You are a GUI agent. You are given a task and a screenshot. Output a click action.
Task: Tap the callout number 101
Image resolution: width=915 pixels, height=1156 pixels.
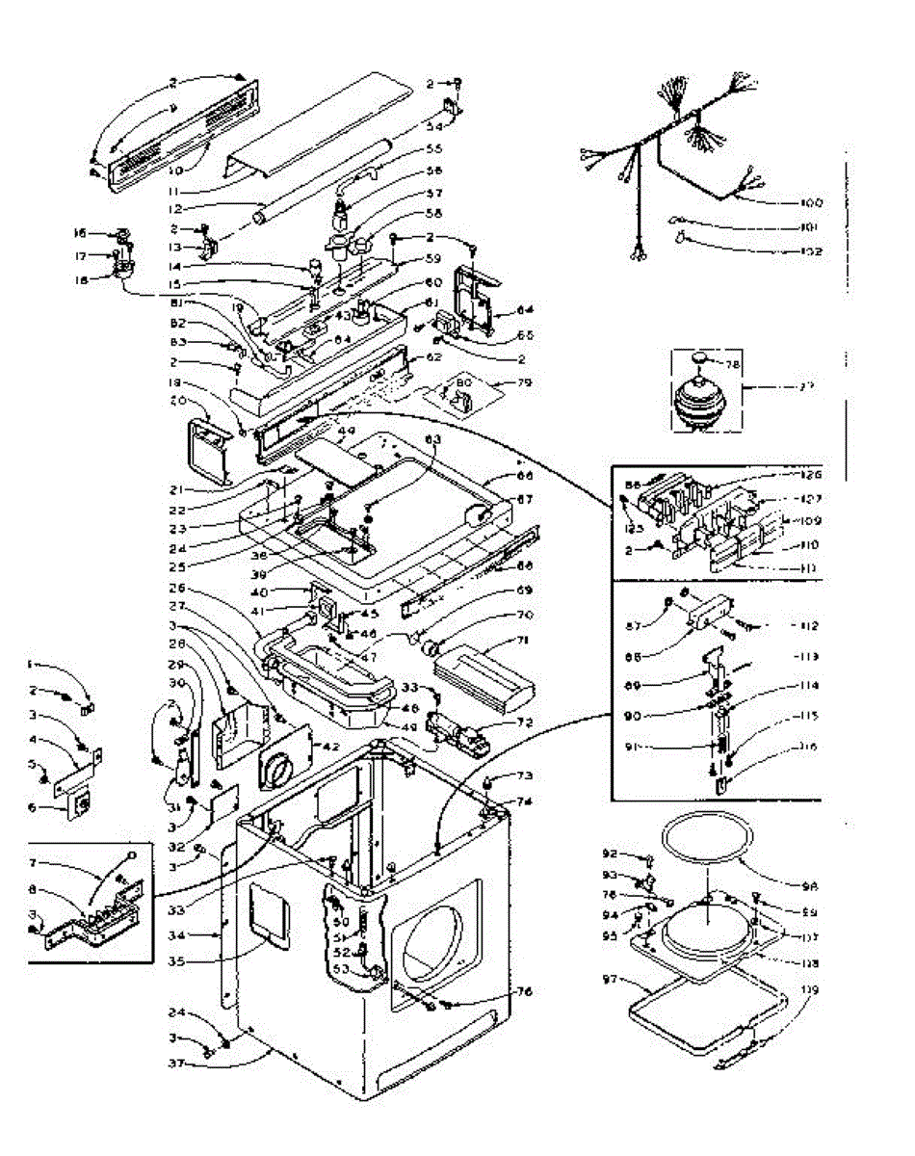(809, 228)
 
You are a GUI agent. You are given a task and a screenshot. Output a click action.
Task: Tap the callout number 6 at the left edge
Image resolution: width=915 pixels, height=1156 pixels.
(33, 807)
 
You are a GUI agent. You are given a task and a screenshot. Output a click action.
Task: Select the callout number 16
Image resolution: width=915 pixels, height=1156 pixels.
(80, 232)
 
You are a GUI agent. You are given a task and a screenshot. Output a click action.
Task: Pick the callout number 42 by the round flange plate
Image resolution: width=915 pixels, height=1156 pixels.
(329, 747)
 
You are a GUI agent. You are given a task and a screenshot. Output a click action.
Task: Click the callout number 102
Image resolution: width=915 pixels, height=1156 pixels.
(808, 252)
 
